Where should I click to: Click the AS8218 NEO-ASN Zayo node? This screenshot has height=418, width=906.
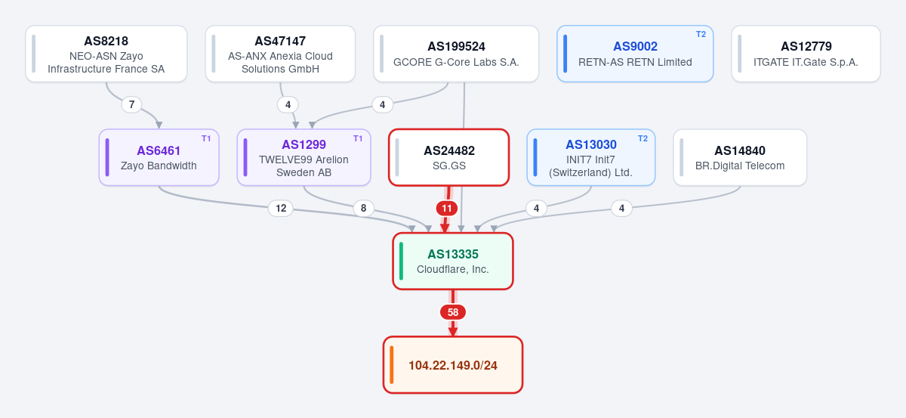[106, 54]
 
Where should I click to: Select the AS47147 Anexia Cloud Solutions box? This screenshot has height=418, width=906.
[280, 54]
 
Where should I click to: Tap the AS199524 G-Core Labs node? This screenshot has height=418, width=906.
[456, 54]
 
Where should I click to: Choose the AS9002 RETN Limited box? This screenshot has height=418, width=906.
[635, 54]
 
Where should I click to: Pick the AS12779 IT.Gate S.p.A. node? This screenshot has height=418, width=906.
[806, 54]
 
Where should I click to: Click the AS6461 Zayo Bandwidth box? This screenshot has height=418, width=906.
[159, 157]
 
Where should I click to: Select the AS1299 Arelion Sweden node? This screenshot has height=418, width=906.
[304, 157]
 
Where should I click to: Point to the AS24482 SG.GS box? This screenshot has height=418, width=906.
[449, 157]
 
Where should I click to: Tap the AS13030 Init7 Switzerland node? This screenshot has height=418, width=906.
[591, 157]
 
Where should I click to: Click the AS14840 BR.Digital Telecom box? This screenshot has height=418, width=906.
[740, 157]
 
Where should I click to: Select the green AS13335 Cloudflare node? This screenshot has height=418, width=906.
[453, 262]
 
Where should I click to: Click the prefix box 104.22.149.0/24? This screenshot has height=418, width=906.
[453, 365]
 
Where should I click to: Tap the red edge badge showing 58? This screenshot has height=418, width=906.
[453, 312]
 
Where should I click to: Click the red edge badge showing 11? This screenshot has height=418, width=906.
[446, 209]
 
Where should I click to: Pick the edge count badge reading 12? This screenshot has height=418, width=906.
[281, 208]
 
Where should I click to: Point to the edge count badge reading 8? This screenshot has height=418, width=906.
[364, 208]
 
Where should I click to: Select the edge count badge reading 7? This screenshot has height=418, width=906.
[131, 105]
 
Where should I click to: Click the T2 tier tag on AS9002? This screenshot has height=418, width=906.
[701, 35]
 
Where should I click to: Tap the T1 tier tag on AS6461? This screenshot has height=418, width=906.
[206, 138]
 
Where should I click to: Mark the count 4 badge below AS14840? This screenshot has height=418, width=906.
[621, 209]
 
